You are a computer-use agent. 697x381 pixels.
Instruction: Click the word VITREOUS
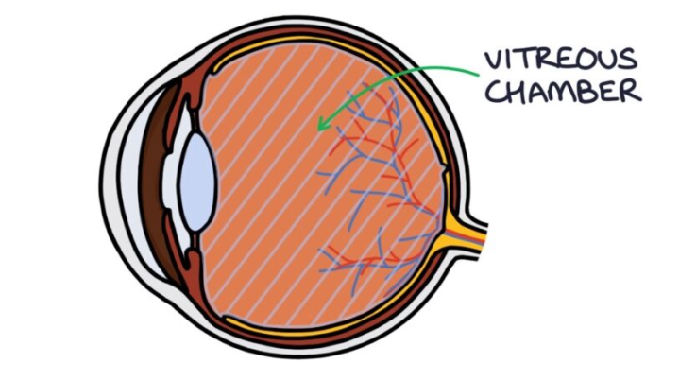[x=559, y=59]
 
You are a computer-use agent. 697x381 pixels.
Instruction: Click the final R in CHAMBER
[x=631, y=92]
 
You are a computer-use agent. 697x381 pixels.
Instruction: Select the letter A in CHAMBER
[x=537, y=92]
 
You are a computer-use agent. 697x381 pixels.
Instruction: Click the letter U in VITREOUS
[x=610, y=59]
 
